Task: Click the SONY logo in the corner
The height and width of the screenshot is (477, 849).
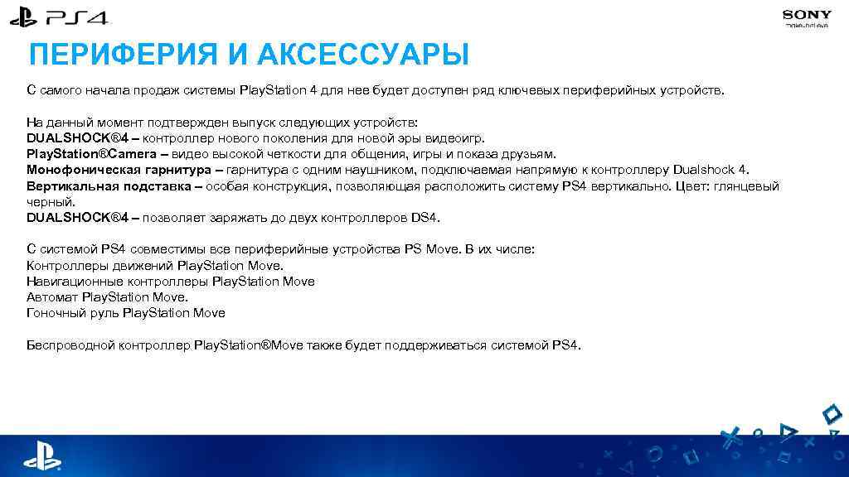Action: (807, 15)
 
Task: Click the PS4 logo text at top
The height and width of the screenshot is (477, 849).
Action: (76, 17)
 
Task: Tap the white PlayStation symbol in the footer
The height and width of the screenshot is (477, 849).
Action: (41, 455)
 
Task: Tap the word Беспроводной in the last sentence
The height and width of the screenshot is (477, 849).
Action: (68, 344)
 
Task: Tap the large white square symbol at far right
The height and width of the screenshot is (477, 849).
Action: (832, 412)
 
